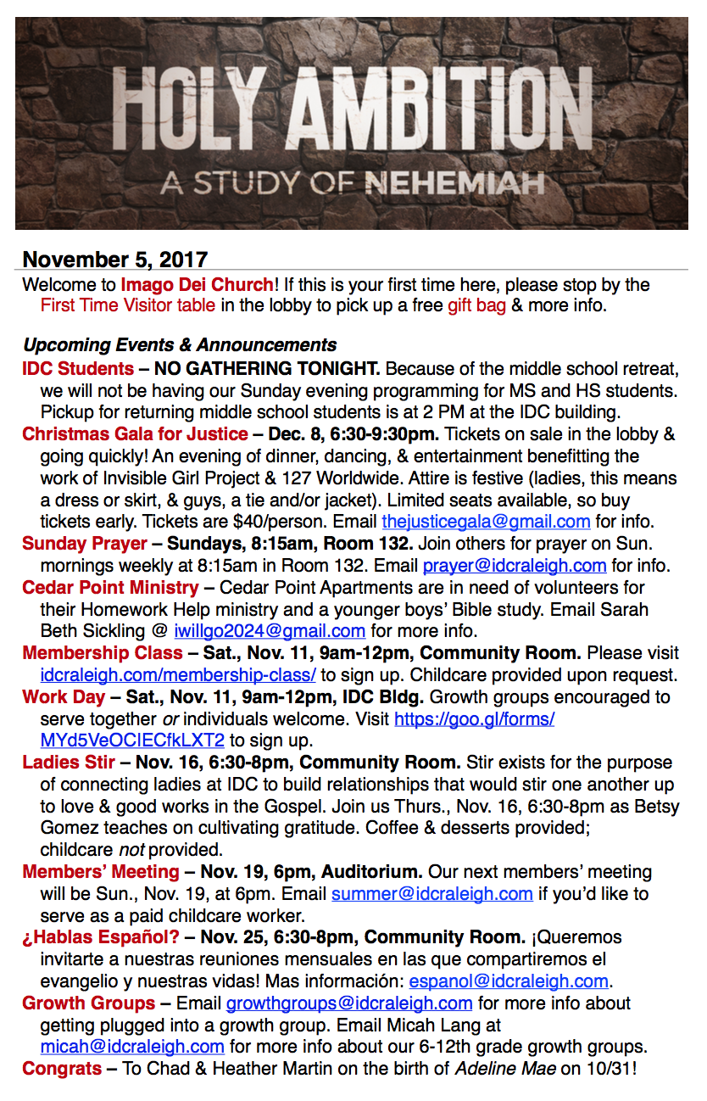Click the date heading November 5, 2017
point(114,260)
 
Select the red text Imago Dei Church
point(197,284)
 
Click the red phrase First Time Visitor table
point(127,305)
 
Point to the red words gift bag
point(476,305)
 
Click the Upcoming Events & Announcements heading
point(180,345)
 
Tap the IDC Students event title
point(78,369)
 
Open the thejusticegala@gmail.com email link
point(486,522)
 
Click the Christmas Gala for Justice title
point(135,434)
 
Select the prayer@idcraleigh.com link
point(515,565)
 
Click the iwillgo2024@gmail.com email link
point(270,631)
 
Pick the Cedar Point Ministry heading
point(110,587)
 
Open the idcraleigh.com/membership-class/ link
point(178,675)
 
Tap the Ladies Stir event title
point(68,762)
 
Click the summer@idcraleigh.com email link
point(432,893)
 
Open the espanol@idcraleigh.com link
point(509,981)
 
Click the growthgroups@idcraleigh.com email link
point(349,1003)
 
